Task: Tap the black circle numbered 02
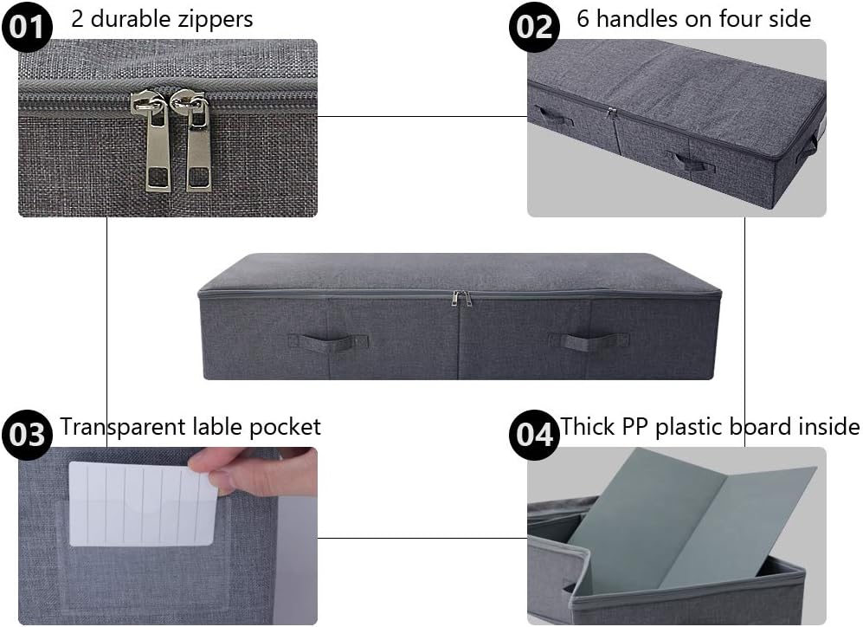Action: (533, 27)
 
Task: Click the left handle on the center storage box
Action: (322, 341)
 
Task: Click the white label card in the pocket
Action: (143, 504)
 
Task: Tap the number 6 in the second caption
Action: (583, 18)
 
